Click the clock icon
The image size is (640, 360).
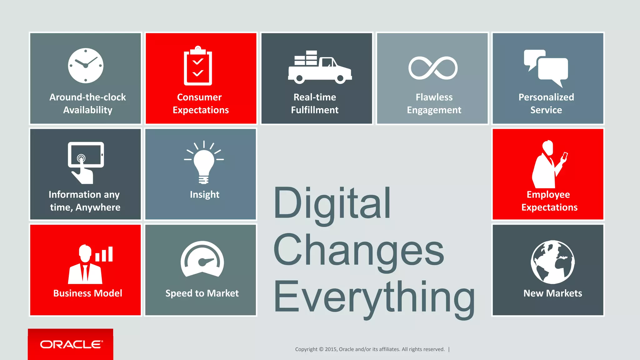[86, 66]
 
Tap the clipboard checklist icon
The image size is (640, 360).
[198, 66]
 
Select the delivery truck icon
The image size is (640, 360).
[320, 67]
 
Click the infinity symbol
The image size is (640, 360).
[433, 68]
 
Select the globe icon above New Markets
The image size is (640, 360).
[552, 262]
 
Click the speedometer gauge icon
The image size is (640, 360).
[202, 259]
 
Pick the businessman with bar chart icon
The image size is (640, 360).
[89, 264]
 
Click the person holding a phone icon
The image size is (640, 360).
[549, 165]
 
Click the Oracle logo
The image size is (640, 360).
[71, 344]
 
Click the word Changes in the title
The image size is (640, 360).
[358, 251]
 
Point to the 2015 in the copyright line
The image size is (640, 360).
[331, 349]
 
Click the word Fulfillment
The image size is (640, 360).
[315, 110]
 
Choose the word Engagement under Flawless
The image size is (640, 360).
[434, 110]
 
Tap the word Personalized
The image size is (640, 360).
[546, 97]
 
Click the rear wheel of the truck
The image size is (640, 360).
[299, 78]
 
